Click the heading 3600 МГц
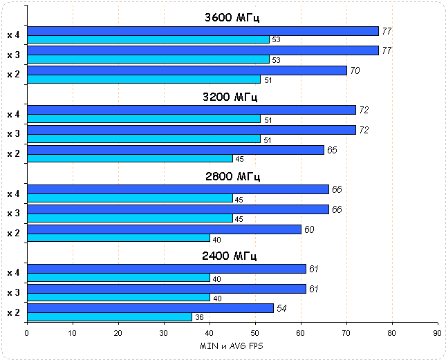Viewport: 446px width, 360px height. click(232, 17)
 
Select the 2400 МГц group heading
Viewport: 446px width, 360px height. click(232, 256)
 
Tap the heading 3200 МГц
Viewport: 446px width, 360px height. click(232, 97)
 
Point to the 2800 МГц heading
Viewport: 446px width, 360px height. click(232, 176)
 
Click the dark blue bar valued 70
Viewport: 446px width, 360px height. click(187, 70)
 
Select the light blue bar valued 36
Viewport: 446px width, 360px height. click(109, 317)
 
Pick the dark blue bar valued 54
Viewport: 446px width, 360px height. click(150, 308)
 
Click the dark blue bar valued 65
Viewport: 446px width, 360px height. click(175, 150)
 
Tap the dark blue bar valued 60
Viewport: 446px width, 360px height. click(164, 229)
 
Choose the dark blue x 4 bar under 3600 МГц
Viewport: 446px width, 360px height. click(203, 31)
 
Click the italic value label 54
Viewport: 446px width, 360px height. click(282, 307)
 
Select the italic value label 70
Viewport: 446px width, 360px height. click(355, 70)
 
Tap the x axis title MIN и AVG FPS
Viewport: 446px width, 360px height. click(232, 345)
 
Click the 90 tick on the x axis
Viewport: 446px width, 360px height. click(437, 332)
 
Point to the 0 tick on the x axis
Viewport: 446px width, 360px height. click(27, 332)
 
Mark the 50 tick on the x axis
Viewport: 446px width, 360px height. click(254, 332)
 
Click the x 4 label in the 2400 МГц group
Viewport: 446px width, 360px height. click(13, 273)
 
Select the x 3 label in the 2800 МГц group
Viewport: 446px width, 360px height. click(13, 214)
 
